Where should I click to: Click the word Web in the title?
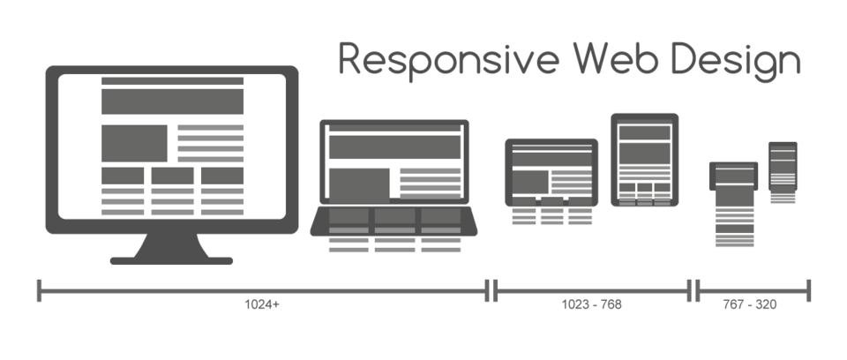click(x=616, y=60)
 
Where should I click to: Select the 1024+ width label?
click(x=262, y=304)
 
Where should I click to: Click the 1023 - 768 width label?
click(x=591, y=304)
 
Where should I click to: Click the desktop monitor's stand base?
click(x=171, y=260)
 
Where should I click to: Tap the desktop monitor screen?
click(x=171, y=146)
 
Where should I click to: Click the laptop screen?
click(x=394, y=163)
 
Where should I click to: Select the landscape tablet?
click(x=551, y=172)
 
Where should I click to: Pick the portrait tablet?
click(x=644, y=160)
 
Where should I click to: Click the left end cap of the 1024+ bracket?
click(x=40, y=289)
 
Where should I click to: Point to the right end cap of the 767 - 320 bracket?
click(x=809, y=289)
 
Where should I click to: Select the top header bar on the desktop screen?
click(x=172, y=81)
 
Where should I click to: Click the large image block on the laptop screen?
click(x=359, y=183)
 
